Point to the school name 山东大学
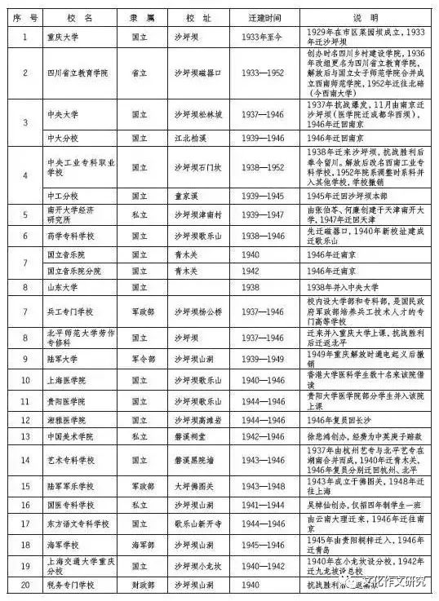pyautogui.click(x=63, y=287)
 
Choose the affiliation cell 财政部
pyautogui.click(x=140, y=585)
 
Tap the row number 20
pyautogui.click(x=24, y=585)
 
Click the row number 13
pyautogui.click(x=24, y=437)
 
